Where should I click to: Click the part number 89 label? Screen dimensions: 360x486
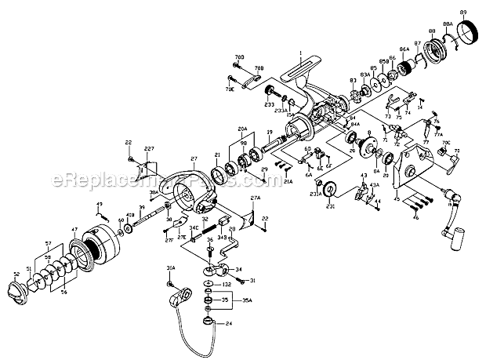coord(463,13)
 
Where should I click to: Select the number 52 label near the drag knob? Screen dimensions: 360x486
coord(15,274)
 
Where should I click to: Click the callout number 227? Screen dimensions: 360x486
coord(150,150)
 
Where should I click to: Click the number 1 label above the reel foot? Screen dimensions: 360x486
coord(299,53)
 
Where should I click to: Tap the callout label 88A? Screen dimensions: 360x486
coord(448,26)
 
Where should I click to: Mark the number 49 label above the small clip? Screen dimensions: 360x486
coord(100,205)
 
